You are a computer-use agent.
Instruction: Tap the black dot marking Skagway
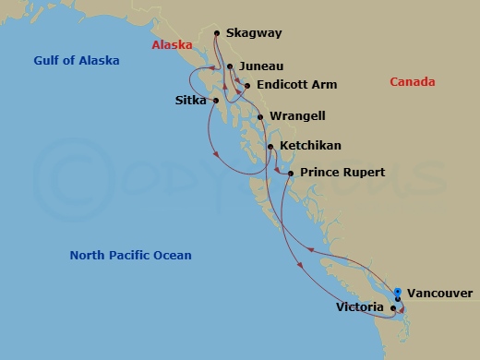[217, 34]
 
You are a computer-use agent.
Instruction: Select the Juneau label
[260, 67]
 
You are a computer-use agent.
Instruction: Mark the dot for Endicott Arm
[246, 85]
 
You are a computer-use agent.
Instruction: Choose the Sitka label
[191, 100]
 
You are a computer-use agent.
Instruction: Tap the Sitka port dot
[215, 100]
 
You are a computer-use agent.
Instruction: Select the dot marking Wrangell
[260, 117]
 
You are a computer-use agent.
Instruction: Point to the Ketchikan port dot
[270, 146]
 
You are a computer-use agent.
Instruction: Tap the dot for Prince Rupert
[290, 174]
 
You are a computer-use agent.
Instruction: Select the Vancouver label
[439, 294]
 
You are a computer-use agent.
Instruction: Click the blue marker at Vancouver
[397, 292]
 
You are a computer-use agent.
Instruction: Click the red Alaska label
[173, 44]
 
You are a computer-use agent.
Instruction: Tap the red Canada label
[413, 83]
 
